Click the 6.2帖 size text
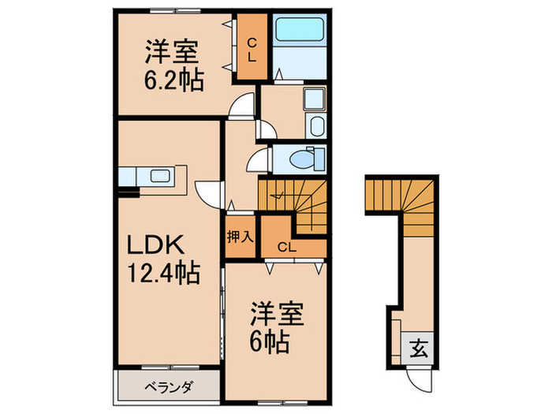point(175,80)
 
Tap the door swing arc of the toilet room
point(257,162)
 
